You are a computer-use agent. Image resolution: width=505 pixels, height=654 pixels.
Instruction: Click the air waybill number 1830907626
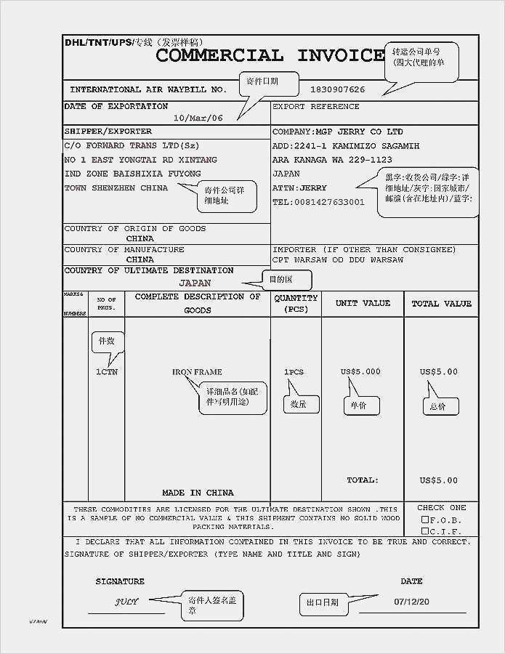tap(337, 90)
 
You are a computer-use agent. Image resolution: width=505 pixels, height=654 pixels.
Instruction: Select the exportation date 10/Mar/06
tap(198, 118)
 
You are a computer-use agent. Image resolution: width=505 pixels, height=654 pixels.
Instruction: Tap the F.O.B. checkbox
tap(425, 520)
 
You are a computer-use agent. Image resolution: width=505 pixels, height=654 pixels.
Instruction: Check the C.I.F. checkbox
tap(425, 531)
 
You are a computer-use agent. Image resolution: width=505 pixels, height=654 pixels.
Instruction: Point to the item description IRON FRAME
tap(197, 372)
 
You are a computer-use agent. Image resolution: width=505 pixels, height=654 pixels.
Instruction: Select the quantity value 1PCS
tap(294, 372)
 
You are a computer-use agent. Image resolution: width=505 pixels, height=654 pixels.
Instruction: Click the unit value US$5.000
tap(360, 372)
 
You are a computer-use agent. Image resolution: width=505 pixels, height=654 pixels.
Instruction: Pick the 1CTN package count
tap(107, 372)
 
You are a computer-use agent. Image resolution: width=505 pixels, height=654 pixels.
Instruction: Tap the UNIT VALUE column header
tap(363, 304)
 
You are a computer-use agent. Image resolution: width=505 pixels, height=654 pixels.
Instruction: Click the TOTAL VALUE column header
tap(441, 304)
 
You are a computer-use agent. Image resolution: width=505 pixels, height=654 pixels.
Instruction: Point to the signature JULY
tap(126, 602)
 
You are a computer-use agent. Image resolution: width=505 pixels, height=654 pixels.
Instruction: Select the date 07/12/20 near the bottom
tap(412, 602)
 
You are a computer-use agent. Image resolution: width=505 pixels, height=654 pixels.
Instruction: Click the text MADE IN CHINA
tap(198, 493)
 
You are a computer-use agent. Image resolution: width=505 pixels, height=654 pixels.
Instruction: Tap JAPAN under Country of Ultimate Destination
tap(195, 283)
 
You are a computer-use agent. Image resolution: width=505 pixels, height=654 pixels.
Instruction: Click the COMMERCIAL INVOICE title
tap(270, 55)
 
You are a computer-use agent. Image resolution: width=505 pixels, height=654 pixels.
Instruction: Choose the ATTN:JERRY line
tap(299, 188)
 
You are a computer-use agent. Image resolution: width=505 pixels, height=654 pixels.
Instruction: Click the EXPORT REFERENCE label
tap(315, 107)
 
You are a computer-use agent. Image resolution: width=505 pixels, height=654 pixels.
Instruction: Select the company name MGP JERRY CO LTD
tap(337, 132)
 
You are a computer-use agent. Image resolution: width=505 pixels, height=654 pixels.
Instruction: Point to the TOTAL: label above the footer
tap(362, 480)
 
